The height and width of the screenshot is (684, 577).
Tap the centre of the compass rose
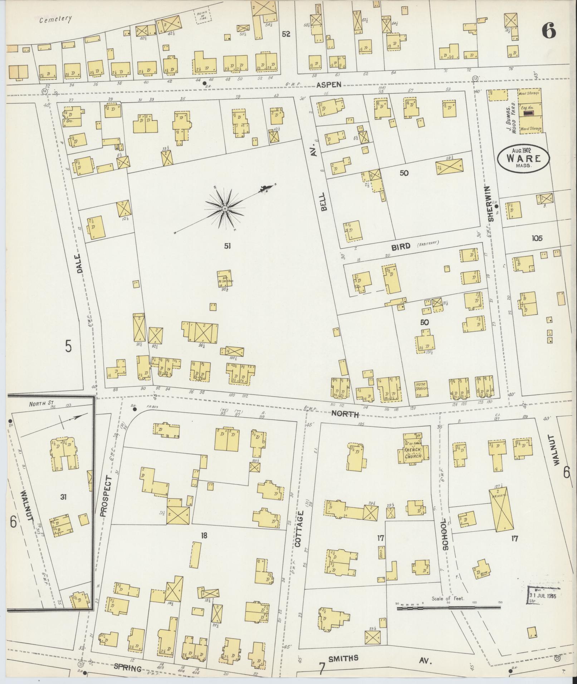tap(224, 208)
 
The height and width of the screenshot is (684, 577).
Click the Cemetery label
tap(55, 19)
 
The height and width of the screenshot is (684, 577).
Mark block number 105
tap(537, 238)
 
